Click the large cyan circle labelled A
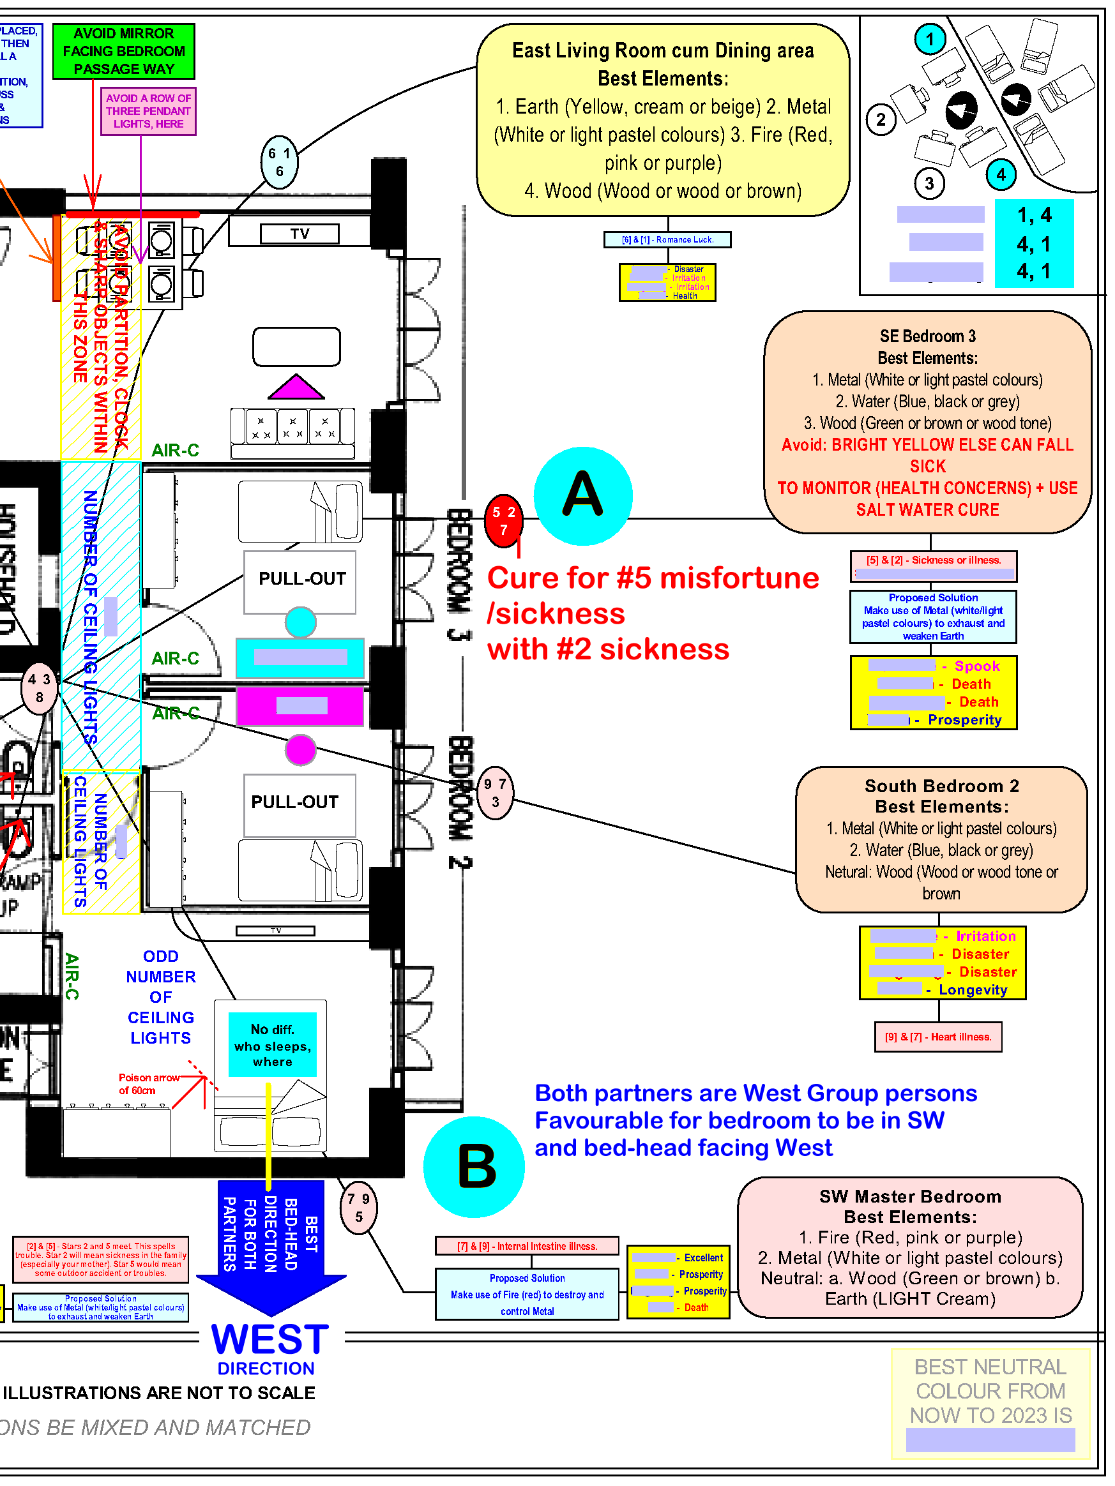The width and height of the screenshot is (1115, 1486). [582, 496]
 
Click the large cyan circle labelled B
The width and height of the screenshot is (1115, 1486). [474, 1167]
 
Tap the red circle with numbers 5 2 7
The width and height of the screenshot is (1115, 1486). [503, 520]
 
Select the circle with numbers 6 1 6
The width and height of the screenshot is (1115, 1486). [279, 162]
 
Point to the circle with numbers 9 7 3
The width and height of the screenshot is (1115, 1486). [495, 793]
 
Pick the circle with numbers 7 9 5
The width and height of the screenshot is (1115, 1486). [358, 1208]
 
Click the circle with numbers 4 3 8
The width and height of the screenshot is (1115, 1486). [39, 688]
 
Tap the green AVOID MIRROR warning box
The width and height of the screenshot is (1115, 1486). [124, 51]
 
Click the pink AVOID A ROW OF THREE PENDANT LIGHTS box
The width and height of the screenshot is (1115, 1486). [148, 111]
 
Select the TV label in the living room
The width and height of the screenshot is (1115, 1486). [300, 234]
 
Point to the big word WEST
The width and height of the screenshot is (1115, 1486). [270, 1340]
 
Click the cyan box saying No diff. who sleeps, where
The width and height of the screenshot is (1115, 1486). [272, 1045]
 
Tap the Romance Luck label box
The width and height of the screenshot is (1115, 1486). [667, 240]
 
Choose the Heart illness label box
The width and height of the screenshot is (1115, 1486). [937, 1037]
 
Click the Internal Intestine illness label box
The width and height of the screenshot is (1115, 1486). [527, 1246]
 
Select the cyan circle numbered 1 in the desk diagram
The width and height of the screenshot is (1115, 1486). [930, 39]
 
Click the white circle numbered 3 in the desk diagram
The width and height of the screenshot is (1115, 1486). [929, 183]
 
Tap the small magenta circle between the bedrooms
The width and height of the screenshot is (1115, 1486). [300, 750]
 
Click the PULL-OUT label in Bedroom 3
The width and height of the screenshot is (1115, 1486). [302, 579]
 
